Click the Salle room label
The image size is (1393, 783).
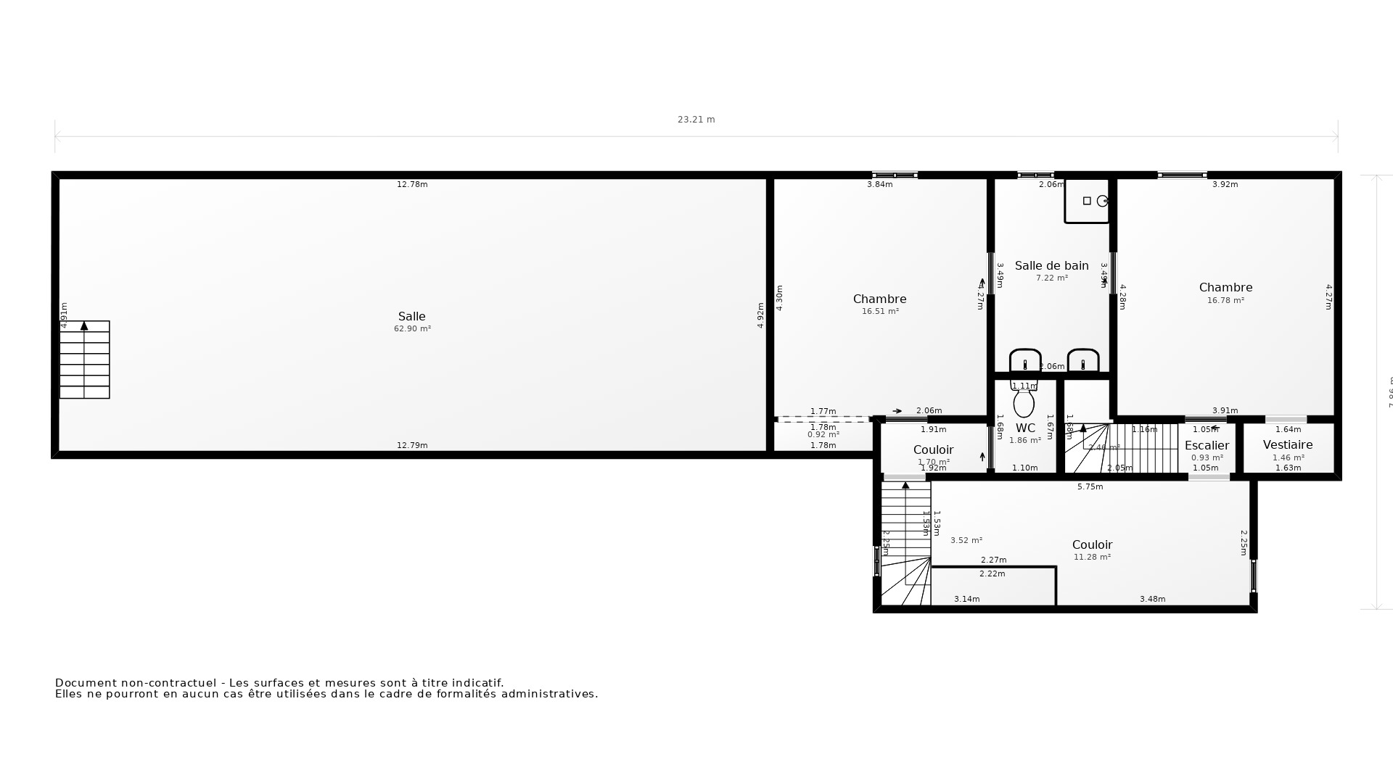pos(411,317)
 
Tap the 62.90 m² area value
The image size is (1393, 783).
pos(412,329)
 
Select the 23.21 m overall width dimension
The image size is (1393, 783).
pos(696,120)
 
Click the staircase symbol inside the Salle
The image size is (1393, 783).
pos(84,360)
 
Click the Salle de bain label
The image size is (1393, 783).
pos(1051,266)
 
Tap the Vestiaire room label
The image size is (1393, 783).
pos(1288,445)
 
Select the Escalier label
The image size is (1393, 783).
pos(1207,446)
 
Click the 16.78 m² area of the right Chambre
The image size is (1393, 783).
pos(1225,300)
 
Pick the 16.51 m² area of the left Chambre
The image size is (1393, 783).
pos(880,312)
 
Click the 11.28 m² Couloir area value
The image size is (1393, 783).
pos(1092,558)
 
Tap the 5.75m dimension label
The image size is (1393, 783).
pos(1090,487)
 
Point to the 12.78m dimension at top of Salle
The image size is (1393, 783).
pos(412,185)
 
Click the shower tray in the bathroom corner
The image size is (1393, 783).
pos(1087,202)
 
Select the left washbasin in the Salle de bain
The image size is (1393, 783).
pos(1024,360)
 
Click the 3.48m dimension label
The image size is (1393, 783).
pos(1152,600)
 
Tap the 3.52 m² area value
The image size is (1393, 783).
pos(966,541)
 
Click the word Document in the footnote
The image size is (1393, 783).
pos(86,683)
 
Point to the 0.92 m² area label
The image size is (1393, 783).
pos(823,435)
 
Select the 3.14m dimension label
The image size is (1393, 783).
pos(966,600)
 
